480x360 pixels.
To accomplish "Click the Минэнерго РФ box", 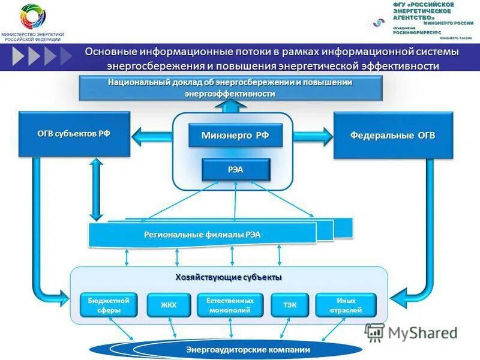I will click(235, 136).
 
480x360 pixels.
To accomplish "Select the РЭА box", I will click(235, 170).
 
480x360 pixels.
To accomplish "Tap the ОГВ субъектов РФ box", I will click(74, 134).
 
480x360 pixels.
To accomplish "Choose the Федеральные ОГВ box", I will click(392, 136).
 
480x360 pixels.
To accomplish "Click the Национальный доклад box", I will click(230, 88).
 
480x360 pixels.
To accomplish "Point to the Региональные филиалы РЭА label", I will click(202, 235).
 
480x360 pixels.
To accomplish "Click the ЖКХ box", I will click(169, 305).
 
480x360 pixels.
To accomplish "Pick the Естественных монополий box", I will click(230, 305).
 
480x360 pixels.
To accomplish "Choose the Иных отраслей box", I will click(346, 305).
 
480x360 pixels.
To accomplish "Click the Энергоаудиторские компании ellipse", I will click(226, 350).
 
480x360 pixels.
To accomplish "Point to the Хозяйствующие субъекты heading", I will click(229, 277).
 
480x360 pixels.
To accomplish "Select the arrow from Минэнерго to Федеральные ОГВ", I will click(312, 136).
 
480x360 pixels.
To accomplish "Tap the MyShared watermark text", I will click(422, 333).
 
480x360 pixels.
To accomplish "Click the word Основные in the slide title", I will click(112, 52).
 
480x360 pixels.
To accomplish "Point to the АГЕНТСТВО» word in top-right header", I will click(414, 18).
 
